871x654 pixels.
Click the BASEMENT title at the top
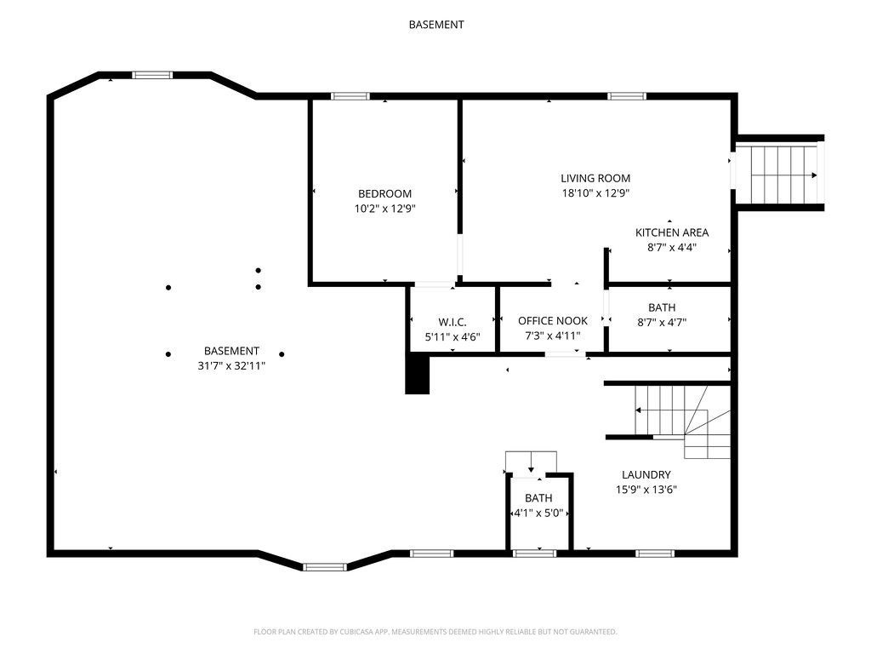point(435,25)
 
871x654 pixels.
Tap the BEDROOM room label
point(384,193)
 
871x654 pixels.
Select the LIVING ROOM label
point(595,178)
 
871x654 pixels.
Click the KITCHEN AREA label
point(672,232)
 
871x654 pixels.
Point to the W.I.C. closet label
point(453,322)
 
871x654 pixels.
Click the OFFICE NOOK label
point(553,321)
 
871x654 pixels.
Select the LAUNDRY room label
point(646,475)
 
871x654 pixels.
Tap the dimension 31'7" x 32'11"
point(231,365)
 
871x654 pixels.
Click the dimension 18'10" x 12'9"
point(595,193)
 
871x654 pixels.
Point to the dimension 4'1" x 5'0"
point(538,513)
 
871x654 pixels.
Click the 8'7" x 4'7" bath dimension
point(669,322)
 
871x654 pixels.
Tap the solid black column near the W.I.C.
point(418,375)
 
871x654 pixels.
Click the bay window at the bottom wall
point(325,566)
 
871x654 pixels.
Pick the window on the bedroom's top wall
point(350,96)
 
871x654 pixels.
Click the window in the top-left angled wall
point(152,75)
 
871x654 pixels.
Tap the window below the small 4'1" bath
point(535,554)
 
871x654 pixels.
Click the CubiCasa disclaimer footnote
point(435,632)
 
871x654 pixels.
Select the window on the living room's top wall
point(627,96)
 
